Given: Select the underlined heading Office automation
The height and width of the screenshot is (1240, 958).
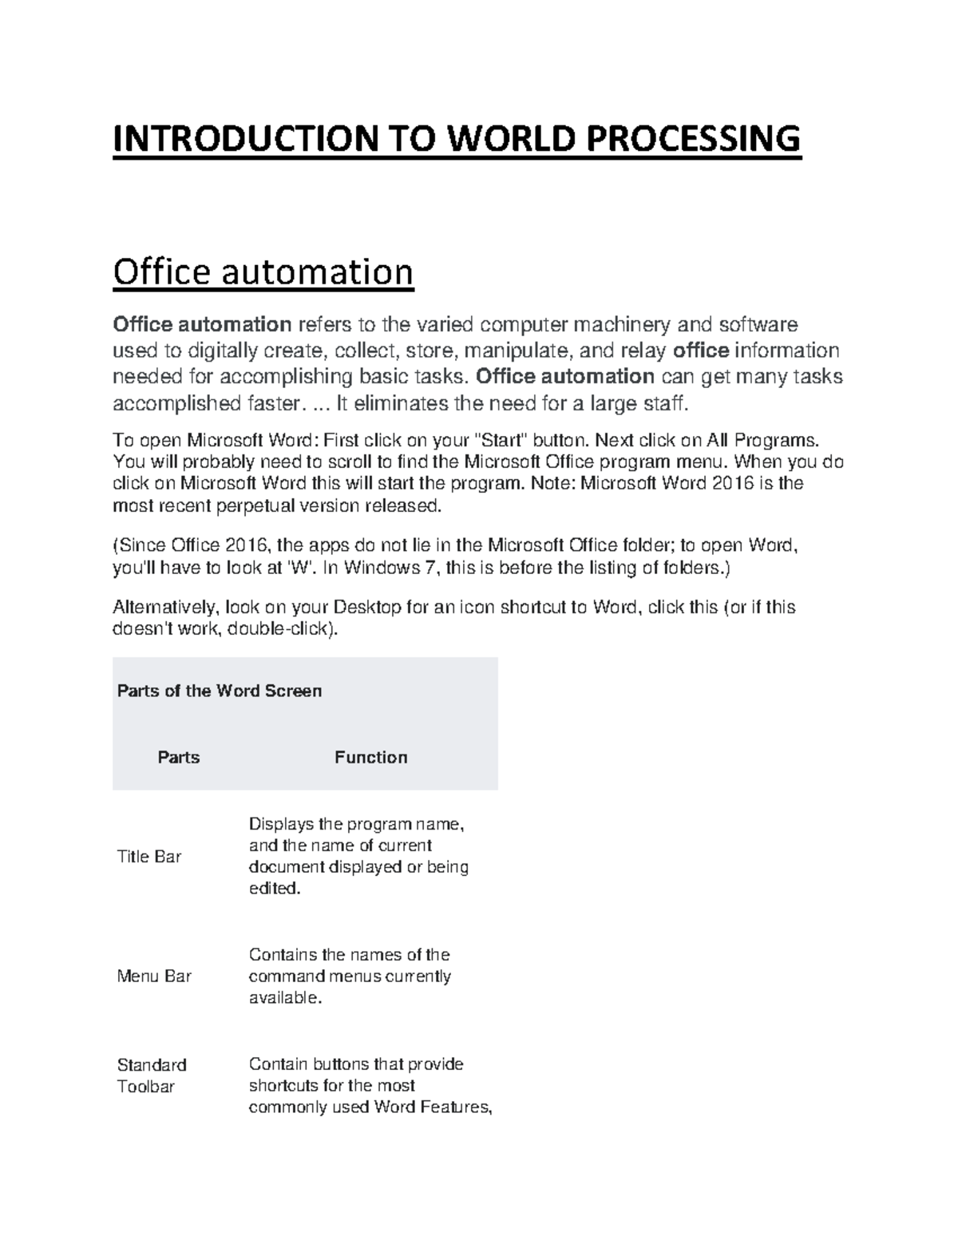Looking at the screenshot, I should [x=263, y=272].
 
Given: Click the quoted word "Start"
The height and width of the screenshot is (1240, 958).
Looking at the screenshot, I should [x=502, y=440].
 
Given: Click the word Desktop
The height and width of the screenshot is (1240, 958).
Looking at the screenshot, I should [x=366, y=607].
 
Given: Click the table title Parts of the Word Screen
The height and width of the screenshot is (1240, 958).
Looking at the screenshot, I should [x=220, y=691].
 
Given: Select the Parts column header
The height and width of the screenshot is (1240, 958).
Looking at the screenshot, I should [x=179, y=757].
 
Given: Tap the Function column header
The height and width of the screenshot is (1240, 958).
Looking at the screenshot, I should [x=370, y=757].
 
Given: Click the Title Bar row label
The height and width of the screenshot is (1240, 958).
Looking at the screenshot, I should [x=149, y=857].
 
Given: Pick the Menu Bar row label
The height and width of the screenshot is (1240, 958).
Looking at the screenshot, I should [x=154, y=976].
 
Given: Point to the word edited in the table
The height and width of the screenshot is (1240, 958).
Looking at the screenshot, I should [x=274, y=888].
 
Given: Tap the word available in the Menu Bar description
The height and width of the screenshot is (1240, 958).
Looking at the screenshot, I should [x=283, y=997].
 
